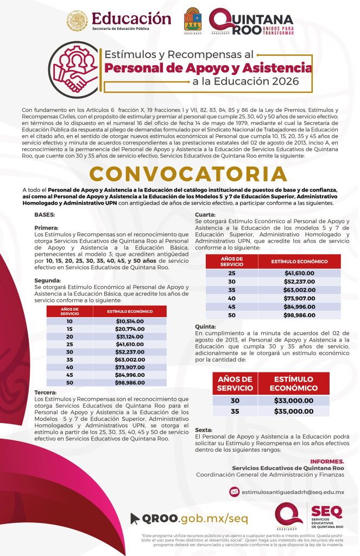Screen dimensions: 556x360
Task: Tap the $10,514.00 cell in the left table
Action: (129, 321)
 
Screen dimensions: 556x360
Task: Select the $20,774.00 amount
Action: (129, 329)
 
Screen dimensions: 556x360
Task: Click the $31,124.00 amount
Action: (129, 337)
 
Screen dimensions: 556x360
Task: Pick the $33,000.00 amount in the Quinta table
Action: (294, 401)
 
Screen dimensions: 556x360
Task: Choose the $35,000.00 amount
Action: (294, 411)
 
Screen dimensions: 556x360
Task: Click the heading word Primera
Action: (46, 228)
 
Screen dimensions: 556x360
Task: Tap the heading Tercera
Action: (47, 391)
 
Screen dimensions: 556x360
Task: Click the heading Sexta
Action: (204, 430)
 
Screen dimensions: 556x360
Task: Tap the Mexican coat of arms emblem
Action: (77, 20)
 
